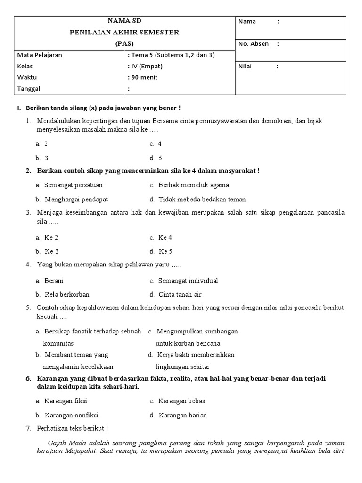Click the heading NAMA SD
(x=124, y=21)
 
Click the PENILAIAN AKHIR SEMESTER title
(x=124, y=33)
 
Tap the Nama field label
(x=247, y=21)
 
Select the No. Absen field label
(x=254, y=44)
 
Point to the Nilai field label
(x=245, y=67)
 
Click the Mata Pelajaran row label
(x=40, y=55)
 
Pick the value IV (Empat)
(x=147, y=67)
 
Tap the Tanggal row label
(x=29, y=89)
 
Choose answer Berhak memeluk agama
(x=189, y=185)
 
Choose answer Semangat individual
(x=189, y=281)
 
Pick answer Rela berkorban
(x=67, y=295)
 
